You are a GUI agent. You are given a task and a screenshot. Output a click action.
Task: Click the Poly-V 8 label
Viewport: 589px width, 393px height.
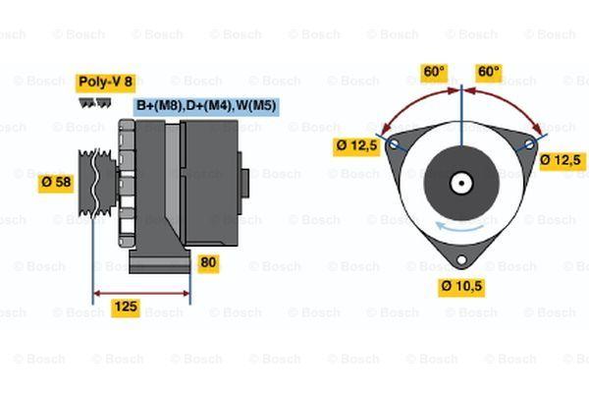106,83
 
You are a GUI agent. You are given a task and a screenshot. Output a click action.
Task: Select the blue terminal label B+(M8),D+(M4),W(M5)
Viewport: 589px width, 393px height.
206,106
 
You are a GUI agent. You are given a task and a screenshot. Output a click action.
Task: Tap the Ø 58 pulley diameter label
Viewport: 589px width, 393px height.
56,183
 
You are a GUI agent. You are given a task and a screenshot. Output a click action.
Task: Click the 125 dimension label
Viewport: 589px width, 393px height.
126,308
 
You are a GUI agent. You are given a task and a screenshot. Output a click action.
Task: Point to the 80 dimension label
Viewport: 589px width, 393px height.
208,263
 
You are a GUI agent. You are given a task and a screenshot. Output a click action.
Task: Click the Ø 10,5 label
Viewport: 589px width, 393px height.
461,287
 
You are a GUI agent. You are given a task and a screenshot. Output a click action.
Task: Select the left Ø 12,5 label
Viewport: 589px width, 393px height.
356,146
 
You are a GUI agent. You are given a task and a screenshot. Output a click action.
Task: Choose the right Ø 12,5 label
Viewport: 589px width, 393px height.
562,161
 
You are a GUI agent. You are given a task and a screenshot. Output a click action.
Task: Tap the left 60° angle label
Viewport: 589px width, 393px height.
434,72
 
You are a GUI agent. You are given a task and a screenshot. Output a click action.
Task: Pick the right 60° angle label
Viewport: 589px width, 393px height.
489,72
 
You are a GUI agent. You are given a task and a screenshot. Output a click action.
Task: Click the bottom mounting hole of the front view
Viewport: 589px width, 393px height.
461,259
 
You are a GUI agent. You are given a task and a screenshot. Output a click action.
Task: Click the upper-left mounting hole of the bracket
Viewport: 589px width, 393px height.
394,143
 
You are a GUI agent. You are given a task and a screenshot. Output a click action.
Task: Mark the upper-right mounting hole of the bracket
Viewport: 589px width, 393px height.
529,144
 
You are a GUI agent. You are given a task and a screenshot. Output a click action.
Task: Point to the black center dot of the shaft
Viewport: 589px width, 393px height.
461,183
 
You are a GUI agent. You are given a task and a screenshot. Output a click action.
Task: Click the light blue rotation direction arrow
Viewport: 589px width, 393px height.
460,227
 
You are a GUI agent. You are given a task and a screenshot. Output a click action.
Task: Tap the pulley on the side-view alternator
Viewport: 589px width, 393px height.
96,183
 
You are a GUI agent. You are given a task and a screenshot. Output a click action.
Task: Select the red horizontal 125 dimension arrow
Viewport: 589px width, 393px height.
141,294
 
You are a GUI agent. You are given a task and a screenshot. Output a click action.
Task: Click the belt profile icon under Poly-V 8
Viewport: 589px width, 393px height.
95,103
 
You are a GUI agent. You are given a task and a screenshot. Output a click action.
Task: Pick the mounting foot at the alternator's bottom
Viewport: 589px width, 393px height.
160,261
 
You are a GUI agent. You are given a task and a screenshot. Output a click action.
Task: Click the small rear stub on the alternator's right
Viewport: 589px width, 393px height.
244,183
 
